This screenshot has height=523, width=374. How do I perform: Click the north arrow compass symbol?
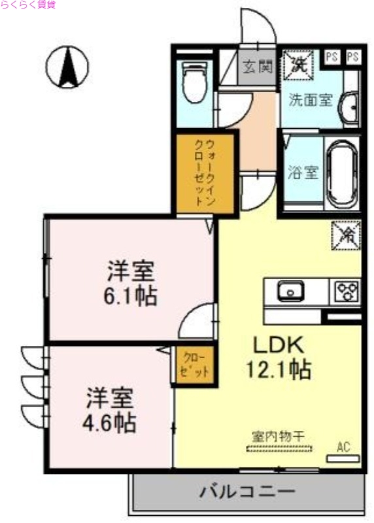[67, 67]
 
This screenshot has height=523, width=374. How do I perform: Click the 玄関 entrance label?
[256, 66]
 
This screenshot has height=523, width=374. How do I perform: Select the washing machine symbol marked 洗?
[298, 65]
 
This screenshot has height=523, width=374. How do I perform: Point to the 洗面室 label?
[311, 100]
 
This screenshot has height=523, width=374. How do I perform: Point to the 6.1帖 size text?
[131, 296]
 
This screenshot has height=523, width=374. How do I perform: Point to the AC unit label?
[343, 448]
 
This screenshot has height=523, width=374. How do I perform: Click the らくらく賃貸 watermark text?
[28, 5]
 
